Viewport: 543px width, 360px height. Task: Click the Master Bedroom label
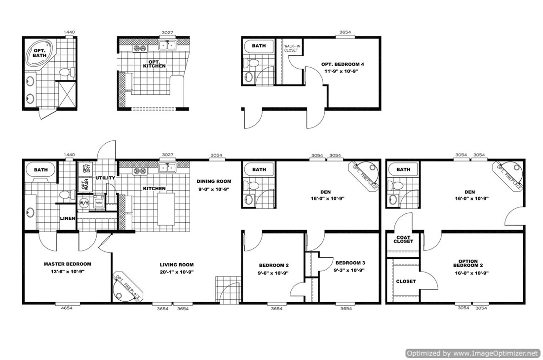pyautogui.click(x=67, y=264)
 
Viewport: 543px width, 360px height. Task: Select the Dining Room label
pyautogui.click(x=213, y=181)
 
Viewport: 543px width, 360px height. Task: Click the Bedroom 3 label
pyautogui.click(x=350, y=262)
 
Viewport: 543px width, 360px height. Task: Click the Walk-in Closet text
pyautogui.click(x=292, y=48)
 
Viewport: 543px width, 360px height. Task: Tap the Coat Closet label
pyautogui.click(x=403, y=240)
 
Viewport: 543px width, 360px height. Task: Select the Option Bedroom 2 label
pyautogui.click(x=467, y=263)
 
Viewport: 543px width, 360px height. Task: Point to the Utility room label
pyautogui.click(x=105, y=178)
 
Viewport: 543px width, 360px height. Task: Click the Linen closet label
pyautogui.click(x=67, y=218)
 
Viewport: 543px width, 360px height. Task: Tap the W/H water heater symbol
pyautogui.click(x=83, y=203)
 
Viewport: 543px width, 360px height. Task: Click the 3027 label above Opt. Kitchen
pyautogui.click(x=168, y=32)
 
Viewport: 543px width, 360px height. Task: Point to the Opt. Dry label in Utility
pyautogui.click(x=84, y=167)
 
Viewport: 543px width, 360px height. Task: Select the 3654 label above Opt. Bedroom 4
pyautogui.click(x=346, y=32)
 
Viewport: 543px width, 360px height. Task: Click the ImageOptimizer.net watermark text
pyautogui.click(x=472, y=353)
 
